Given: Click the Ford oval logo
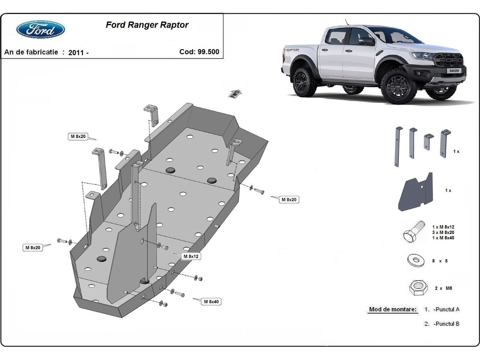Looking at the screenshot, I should [40, 29].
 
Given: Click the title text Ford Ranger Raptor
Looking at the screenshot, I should [147, 25].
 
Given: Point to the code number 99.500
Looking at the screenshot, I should [208, 52].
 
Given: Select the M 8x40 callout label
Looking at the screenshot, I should [211, 302].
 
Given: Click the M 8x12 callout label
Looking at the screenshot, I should [191, 256].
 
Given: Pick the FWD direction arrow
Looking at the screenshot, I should [235, 94].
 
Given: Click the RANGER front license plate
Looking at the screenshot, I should [455, 70].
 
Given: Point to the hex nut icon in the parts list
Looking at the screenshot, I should [418, 287].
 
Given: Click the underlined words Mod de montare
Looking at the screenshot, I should [392, 309].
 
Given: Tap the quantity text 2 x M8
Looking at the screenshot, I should [443, 288].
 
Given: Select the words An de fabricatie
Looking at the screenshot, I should [31, 52].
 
